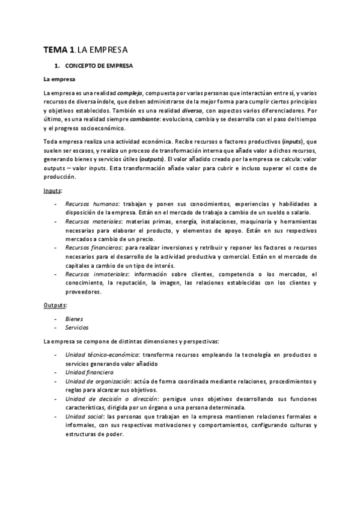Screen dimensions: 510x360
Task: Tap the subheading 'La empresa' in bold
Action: click(x=58, y=79)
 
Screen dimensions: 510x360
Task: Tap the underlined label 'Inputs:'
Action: click(x=53, y=190)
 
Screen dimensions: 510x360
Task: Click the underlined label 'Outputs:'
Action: click(x=55, y=305)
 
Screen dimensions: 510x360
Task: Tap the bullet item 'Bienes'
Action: click(x=75, y=319)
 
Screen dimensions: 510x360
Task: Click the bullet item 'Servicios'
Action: click(x=77, y=328)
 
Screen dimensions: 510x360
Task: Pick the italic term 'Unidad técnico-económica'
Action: click(x=102, y=355)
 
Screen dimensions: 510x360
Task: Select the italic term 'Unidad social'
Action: click(x=82, y=416)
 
